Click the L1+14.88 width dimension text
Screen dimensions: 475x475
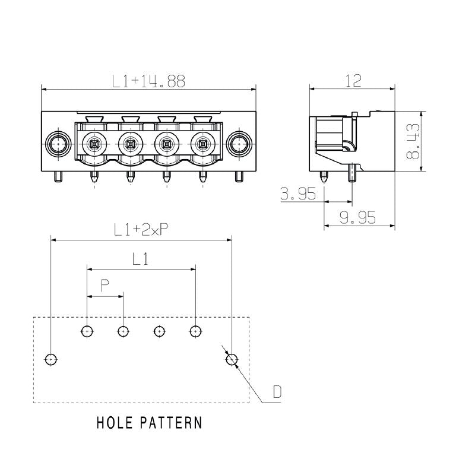click(148, 82)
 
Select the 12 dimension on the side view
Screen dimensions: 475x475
click(353, 81)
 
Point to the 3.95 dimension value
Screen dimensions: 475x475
click(297, 195)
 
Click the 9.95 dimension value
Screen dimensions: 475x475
click(358, 218)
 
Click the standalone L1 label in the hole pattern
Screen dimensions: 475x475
click(140, 259)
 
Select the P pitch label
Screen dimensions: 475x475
click(104, 287)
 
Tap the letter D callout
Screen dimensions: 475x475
click(277, 392)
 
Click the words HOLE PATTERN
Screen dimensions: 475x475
click(149, 423)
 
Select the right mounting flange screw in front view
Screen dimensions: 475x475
click(239, 143)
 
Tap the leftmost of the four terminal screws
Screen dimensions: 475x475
click(94, 143)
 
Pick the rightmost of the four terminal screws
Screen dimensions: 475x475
click(202, 143)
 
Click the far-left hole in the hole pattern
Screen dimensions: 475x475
click(52, 359)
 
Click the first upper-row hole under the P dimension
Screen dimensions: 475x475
click(87, 331)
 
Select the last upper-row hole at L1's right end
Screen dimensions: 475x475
click(195, 331)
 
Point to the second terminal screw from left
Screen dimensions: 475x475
click(130, 143)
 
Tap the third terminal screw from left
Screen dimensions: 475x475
click(166, 143)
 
